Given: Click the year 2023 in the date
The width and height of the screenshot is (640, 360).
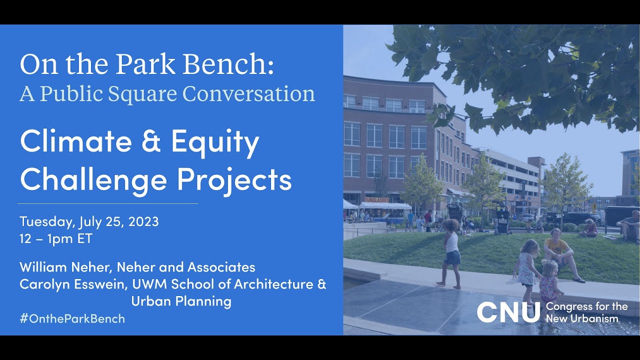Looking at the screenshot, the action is click(x=143, y=221).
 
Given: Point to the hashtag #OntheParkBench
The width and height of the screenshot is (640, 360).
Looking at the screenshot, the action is click(x=72, y=318).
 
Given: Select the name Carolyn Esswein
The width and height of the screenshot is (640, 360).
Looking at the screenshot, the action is click(x=73, y=284).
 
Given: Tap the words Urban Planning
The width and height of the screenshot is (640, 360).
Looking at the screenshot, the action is click(x=181, y=301).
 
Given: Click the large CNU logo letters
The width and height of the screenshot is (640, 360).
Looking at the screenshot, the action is click(x=508, y=312).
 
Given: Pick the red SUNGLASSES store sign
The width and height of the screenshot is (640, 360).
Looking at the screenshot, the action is click(x=376, y=199).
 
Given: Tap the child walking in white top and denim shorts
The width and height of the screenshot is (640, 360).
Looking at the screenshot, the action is click(x=450, y=253).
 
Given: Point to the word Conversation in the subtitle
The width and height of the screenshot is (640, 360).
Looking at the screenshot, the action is click(x=248, y=93).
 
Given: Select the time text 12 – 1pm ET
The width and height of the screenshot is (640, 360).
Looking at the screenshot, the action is click(x=56, y=238).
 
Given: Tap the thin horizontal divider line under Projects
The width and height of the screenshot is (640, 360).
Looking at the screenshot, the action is click(x=108, y=203).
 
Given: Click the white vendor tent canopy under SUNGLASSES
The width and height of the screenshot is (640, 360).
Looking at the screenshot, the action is click(x=385, y=205).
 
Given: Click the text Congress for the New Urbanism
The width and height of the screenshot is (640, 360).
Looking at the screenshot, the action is click(x=587, y=312).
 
